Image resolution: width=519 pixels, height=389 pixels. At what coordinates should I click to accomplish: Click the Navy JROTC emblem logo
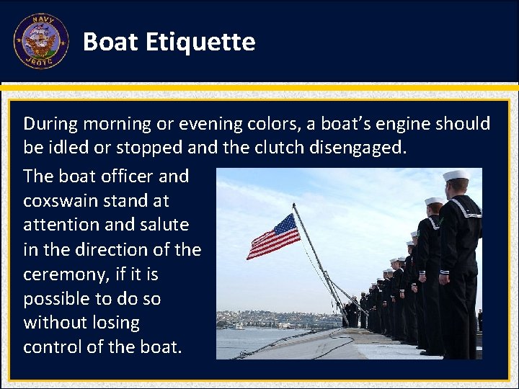click(41, 41)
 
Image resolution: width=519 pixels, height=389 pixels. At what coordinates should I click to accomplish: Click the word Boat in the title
click(110, 43)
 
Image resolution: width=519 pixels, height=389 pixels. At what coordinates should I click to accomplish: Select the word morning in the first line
click(117, 124)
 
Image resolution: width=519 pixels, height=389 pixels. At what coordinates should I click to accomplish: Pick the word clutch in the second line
click(278, 148)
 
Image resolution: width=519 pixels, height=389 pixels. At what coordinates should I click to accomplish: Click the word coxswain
click(59, 200)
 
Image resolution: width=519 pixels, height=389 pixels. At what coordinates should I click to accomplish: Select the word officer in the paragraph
click(121, 176)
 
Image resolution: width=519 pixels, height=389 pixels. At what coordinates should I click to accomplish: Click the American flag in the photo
click(273, 236)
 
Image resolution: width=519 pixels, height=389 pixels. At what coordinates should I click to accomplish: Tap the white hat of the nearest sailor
click(456, 175)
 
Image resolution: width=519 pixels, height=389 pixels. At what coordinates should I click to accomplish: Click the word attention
click(61, 225)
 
